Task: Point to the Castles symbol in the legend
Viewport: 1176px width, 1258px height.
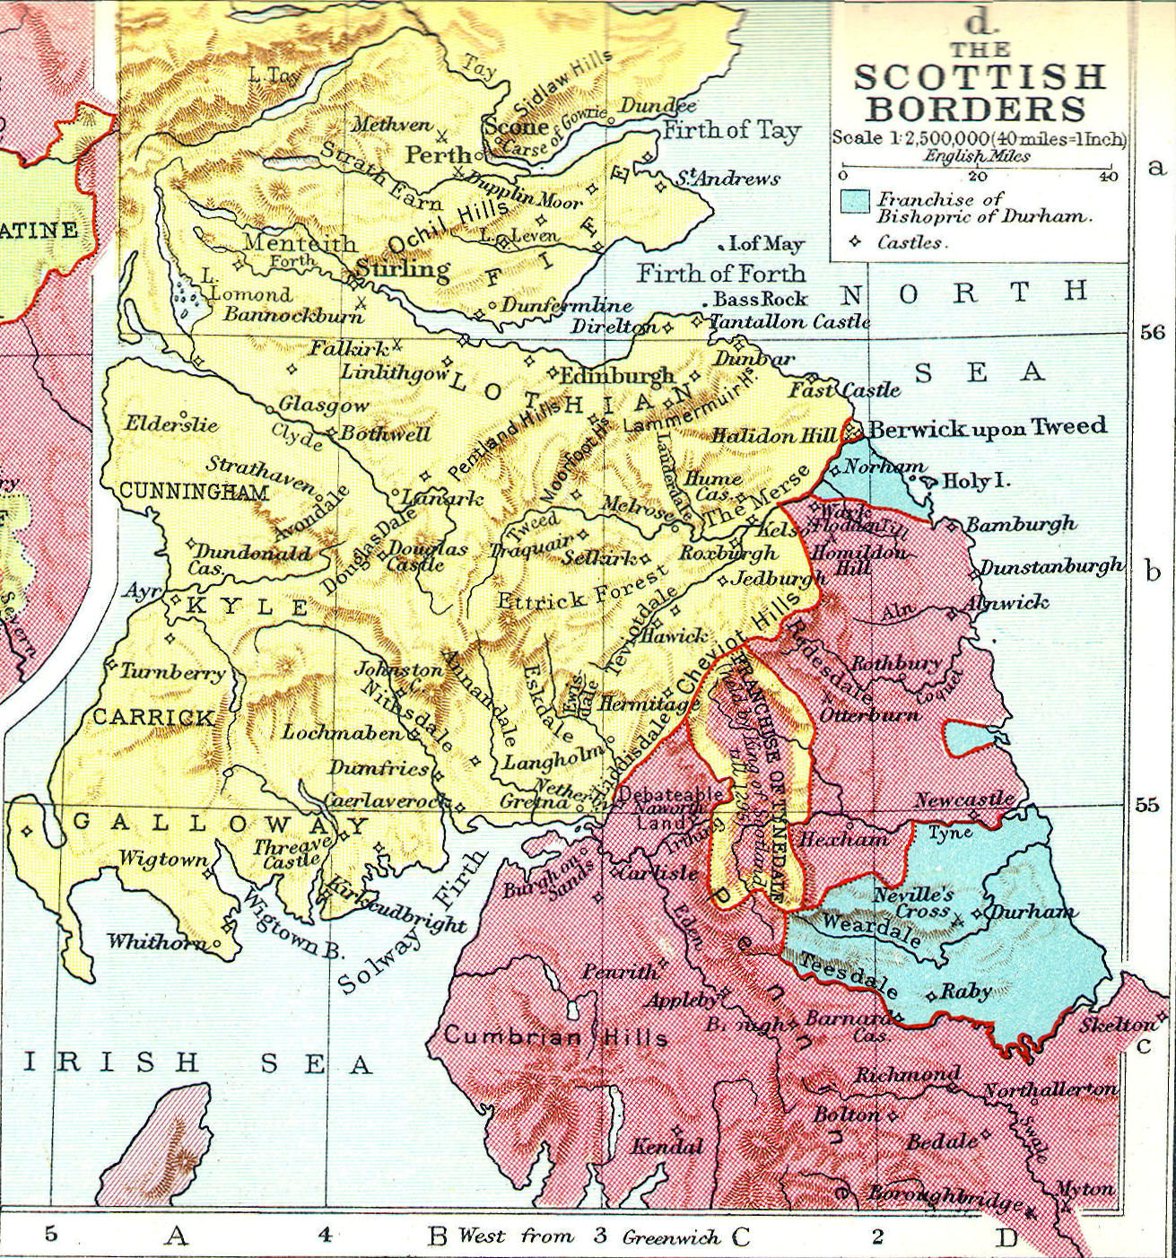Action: tap(856, 241)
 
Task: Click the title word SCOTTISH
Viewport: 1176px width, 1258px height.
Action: tap(979, 77)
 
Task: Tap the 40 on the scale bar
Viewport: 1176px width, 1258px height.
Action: tap(1108, 177)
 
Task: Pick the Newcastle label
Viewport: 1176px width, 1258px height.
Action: tap(964, 798)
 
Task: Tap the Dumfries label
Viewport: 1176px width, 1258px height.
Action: tap(379, 768)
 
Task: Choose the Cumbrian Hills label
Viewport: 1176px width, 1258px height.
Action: tap(555, 1036)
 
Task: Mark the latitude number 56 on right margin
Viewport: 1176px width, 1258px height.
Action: tap(1152, 333)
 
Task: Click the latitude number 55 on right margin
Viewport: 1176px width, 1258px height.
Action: tap(1146, 804)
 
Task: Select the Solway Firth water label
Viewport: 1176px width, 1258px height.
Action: tap(413, 922)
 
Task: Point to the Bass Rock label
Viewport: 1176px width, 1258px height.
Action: tap(760, 299)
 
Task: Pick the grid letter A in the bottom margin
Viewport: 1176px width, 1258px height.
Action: tap(177, 1236)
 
